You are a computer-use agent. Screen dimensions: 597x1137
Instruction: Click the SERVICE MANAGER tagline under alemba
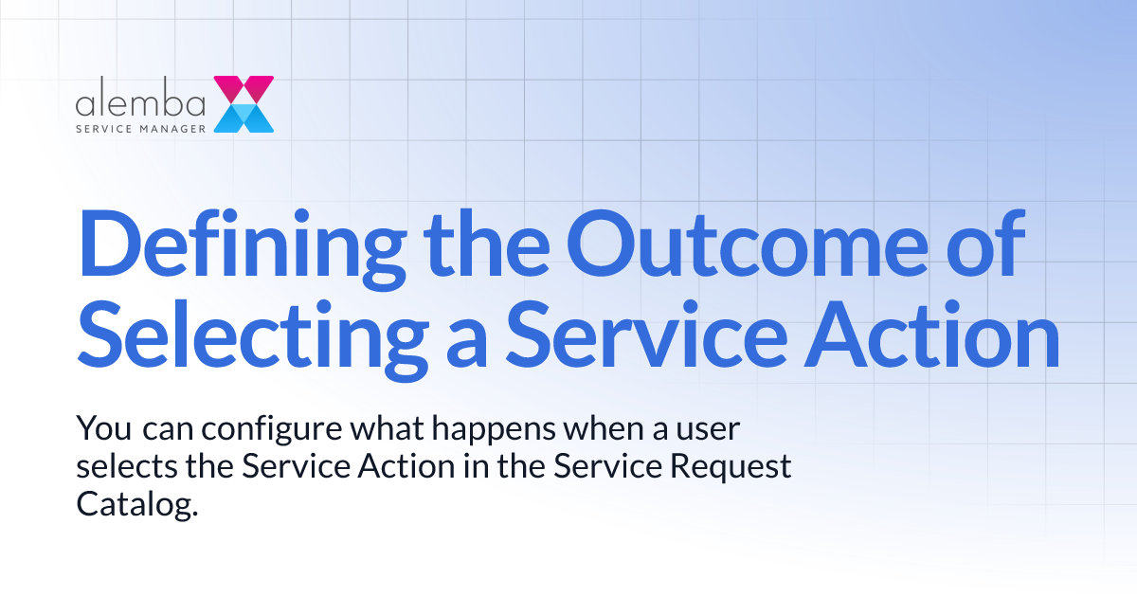[x=140, y=126]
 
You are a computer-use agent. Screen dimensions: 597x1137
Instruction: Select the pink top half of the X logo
[x=244, y=89]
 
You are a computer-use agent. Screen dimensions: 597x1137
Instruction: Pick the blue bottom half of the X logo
[x=244, y=118]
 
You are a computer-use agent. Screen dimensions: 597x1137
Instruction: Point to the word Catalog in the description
[x=136, y=504]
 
